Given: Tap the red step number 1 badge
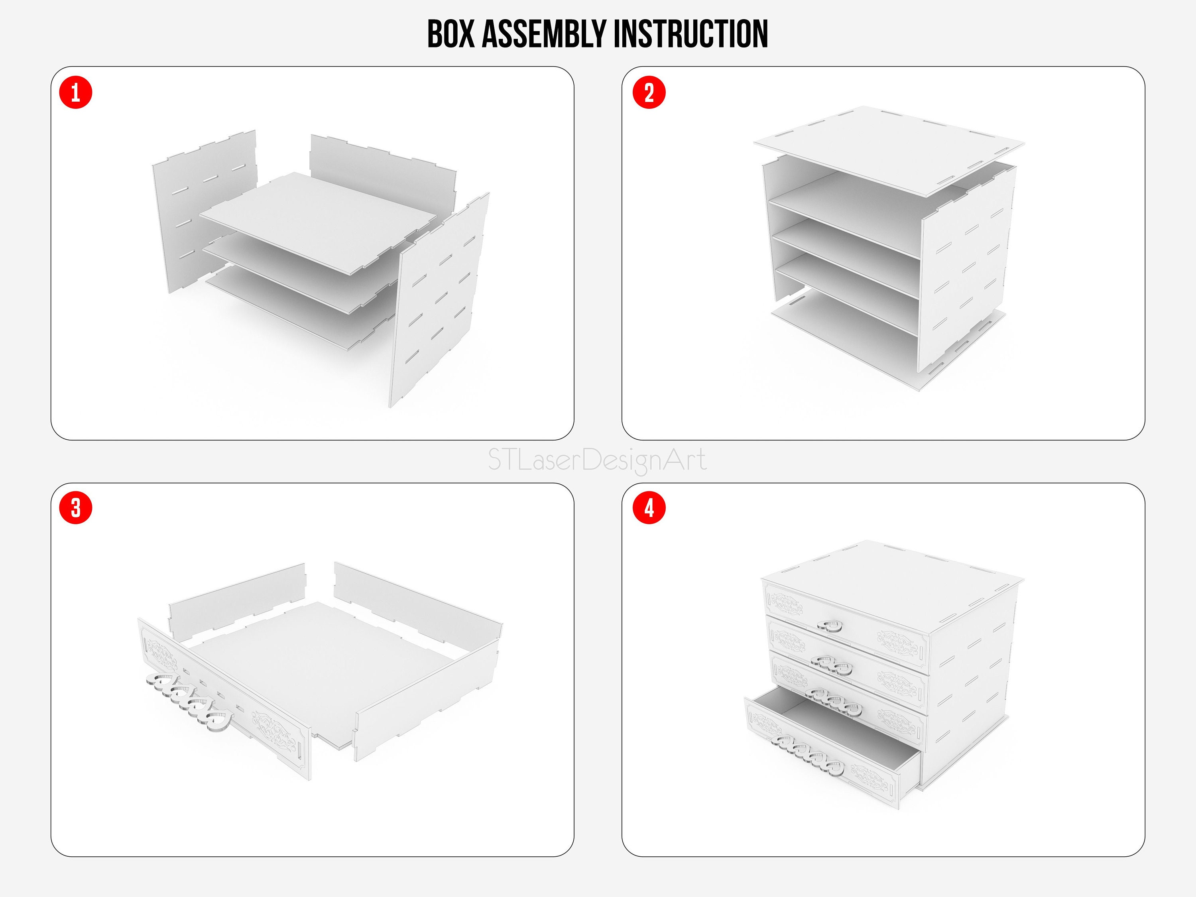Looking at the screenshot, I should point(76,92).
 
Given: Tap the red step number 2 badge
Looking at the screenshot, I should point(649,92).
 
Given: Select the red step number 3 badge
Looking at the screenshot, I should point(76,508).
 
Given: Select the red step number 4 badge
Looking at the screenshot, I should point(649,508).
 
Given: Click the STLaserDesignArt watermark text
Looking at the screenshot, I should point(597,460).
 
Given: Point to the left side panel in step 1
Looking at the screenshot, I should point(179,216).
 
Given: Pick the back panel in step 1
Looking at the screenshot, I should point(378,162).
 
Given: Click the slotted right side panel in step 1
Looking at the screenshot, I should point(441,303).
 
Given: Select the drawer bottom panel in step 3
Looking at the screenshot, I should point(325,665).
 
